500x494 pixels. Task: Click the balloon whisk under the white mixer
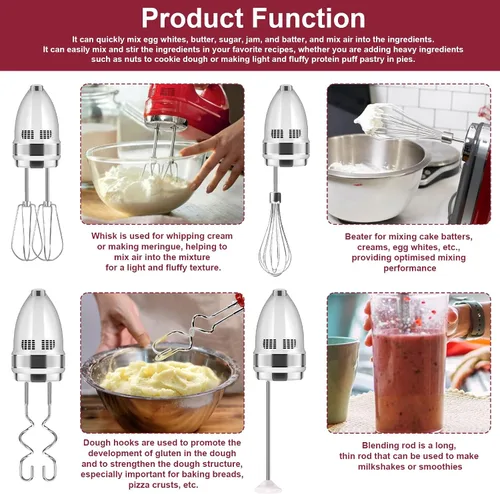click(x=275, y=237)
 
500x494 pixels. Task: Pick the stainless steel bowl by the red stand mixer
click(x=377, y=177)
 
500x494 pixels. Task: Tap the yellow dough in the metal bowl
click(x=160, y=378)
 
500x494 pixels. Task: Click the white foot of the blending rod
click(x=268, y=486)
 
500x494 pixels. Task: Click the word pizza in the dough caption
click(x=139, y=485)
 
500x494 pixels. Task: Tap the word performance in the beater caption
click(x=410, y=268)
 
